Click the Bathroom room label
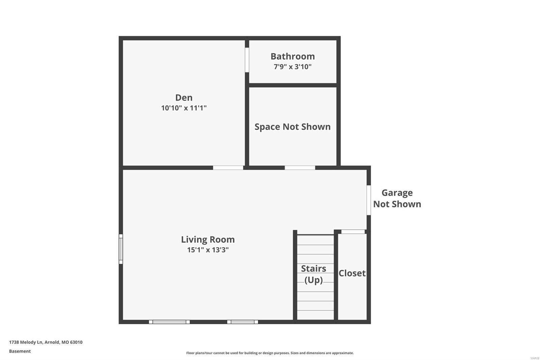(292, 56)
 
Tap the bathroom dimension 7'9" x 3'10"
(292, 67)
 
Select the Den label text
(184, 98)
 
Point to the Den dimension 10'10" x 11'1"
(184, 108)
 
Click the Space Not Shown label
(292, 127)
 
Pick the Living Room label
(208, 239)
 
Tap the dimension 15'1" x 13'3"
(208, 250)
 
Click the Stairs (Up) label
(314, 274)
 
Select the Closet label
(352, 273)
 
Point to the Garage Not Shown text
(397, 198)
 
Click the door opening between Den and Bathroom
(247, 60)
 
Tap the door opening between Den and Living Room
(228, 168)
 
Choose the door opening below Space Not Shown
(300, 168)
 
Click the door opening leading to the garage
(369, 200)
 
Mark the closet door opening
(353, 232)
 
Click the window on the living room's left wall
(121, 249)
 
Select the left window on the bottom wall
(169, 322)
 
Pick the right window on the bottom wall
(242, 322)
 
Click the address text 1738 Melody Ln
(46, 342)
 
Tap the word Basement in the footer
(20, 351)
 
